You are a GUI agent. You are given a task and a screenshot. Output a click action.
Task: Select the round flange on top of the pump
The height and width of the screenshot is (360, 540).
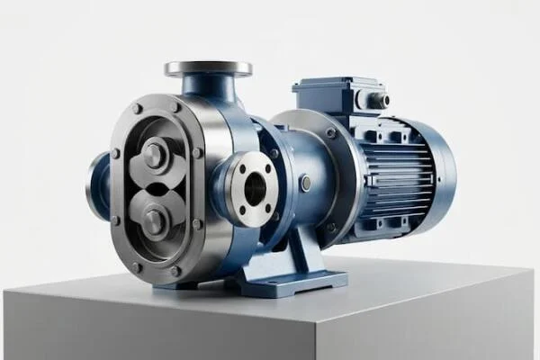pyautogui.click(x=208, y=68)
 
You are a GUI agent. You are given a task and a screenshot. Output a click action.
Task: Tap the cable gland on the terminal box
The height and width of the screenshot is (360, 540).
pyautogui.click(x=376, y=100)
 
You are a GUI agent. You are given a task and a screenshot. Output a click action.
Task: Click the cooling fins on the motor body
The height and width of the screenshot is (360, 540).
pyautogui.click(x=396, y=180)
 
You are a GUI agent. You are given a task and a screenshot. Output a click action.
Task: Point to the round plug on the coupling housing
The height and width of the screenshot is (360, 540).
pyautogui.click(x=306, y=183)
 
